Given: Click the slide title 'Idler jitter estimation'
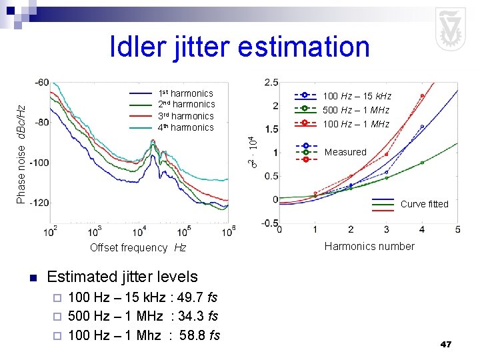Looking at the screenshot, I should [x=239, y=47].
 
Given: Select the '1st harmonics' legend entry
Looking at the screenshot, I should [x=185, y=93].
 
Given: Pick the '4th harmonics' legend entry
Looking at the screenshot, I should [x=185, y=127].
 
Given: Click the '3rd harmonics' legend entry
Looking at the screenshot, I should [x=185, y=116].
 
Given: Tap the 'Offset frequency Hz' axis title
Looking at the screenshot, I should [x=138, y=247].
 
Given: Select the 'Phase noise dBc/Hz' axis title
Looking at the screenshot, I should [x=21, y=153].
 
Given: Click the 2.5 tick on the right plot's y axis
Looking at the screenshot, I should [x=271, y=82].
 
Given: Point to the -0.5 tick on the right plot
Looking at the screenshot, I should [x=269, y=223].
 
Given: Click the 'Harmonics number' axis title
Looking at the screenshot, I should [x=369, y=246].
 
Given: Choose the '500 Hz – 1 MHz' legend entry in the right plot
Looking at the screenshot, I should [x=356, y=110].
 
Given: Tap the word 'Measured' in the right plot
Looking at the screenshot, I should [x=345, y=152].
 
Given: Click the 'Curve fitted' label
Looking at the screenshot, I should [x=424, y=204].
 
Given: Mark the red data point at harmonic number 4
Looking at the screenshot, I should [x=422, y=96].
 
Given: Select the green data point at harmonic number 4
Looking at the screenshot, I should [x=422, y=163].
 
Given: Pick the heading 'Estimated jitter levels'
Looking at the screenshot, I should [x=122, y=277].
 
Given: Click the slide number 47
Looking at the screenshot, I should [x=446, y=344].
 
